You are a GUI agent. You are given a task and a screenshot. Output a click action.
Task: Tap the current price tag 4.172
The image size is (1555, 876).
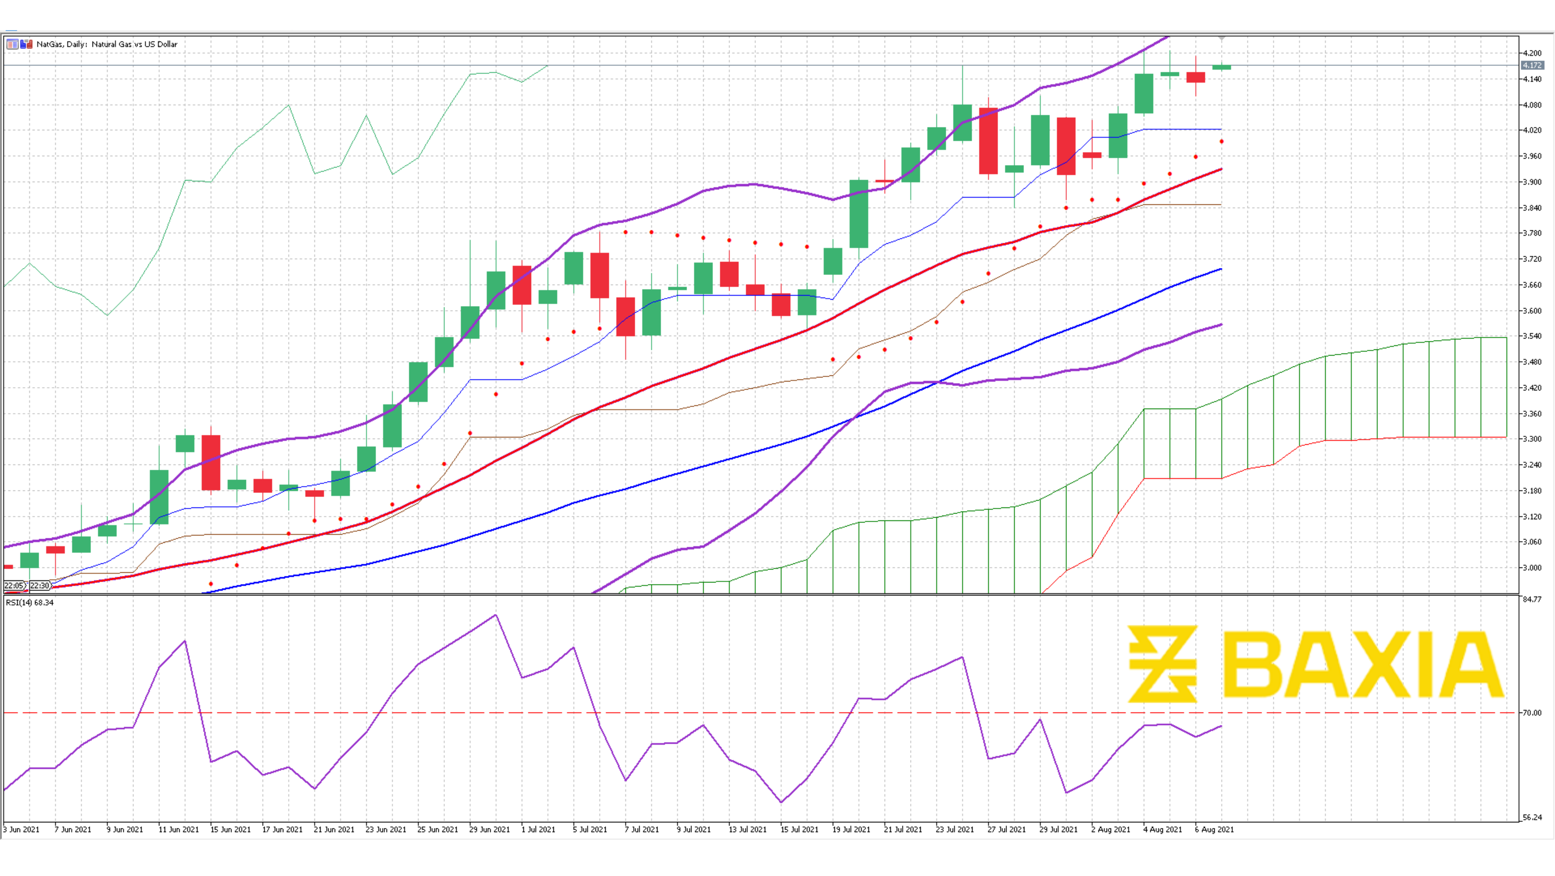[1532, 65]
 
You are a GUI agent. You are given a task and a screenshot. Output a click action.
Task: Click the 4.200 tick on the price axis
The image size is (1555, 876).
[1532, 53]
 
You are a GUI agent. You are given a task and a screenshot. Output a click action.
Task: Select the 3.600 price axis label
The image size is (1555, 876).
[1532, 311]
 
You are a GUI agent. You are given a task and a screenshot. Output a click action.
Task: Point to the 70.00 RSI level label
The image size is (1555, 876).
[1532, 713]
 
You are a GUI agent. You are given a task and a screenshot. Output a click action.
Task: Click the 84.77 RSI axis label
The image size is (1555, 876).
[1532, 599]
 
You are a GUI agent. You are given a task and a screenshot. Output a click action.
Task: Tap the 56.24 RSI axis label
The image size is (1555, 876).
[1532, 818]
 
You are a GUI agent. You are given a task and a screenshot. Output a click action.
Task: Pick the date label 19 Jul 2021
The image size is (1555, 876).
[851, 830]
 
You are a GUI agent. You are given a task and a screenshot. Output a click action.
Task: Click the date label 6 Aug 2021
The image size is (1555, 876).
[1215, 830]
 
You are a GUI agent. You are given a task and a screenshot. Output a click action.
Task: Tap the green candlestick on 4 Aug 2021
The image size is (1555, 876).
[1144, 94]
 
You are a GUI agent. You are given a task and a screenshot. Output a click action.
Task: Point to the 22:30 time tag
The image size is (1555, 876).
[40, 586]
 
